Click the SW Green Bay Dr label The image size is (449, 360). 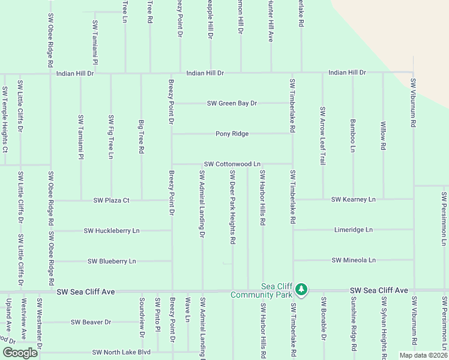tap(232, 103)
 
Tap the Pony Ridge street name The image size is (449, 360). tap(232, 134)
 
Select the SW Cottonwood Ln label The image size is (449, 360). tap(232, 164)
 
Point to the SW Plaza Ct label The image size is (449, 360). tap(112, 200)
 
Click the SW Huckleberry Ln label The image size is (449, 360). tap(112, 230)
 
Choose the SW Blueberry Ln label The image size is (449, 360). tap(112, 261)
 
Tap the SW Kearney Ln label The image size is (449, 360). tap(353, 199)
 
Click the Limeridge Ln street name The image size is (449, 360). tap(353, 230)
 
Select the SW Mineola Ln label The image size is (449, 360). tap(353, 260)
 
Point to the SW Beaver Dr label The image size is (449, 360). tap(91, 322)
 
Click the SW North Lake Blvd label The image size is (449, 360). tap(121, 353)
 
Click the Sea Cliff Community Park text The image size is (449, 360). tap(262, 291)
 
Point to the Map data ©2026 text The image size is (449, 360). tap(423, 355)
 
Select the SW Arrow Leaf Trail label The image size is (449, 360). tap(322, 136)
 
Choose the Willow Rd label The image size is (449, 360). tap(383, 136)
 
